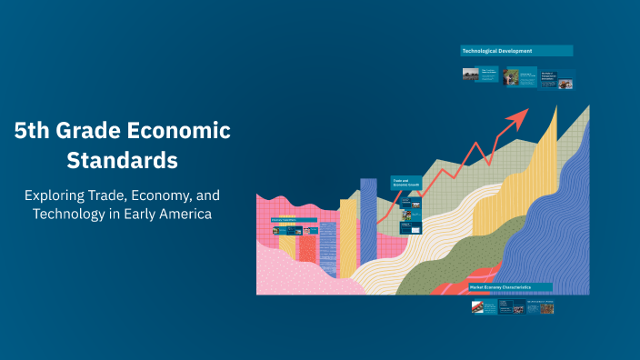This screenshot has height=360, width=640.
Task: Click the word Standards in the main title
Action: (122, 161)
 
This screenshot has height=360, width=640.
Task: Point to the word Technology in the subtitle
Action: (74, 215)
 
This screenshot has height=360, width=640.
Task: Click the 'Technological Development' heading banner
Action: (515, 51)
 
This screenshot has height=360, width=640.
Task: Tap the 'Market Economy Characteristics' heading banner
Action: (510, 287)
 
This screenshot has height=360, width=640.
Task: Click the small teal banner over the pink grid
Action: (294, 221)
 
